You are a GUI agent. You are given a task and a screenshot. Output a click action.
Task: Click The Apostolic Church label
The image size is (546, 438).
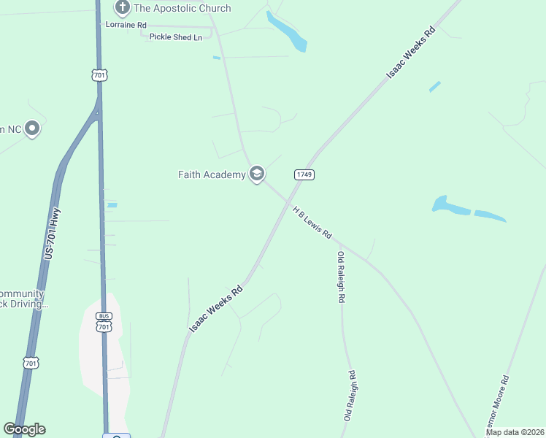coord(182,8)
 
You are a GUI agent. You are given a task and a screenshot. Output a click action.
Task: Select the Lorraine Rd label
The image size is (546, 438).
coord(126,25)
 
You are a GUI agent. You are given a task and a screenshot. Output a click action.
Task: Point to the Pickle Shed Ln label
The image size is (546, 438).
coord(175,36)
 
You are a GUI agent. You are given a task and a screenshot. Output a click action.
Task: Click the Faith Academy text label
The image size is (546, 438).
coord(212,174)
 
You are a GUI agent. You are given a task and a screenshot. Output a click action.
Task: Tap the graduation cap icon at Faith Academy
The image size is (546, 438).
coord(256,174)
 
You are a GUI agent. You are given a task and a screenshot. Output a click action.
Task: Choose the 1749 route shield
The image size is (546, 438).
coord(304,174)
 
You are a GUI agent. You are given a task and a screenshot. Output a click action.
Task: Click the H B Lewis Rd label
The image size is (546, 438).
coord(312,223)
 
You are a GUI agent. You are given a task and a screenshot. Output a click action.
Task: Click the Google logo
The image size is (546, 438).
coord(24,429)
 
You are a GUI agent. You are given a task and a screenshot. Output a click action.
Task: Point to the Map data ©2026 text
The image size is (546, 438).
coord(514,432)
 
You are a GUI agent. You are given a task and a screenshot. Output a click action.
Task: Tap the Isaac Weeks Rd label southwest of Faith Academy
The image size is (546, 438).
coord(216,309)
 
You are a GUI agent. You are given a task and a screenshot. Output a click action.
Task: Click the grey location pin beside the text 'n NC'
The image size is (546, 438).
coord(31,129)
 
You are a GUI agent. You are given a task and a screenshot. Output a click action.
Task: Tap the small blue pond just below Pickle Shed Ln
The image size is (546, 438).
coord(216,58)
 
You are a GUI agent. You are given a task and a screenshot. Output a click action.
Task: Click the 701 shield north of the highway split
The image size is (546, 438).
coord(100,74)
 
